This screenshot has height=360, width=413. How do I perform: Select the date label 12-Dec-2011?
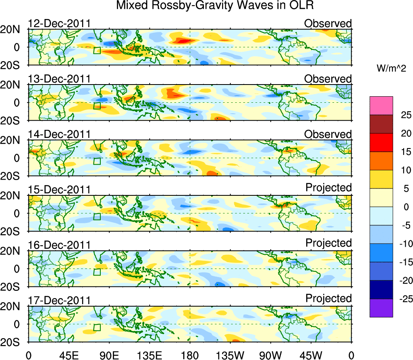coord(59,23)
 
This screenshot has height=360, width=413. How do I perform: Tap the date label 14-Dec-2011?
coord(59,134)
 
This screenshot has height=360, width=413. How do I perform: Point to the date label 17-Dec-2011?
coord(59,301)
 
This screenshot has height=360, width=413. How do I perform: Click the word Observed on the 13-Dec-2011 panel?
coord(328,79)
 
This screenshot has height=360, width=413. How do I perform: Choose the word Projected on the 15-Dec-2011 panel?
coord(328,188)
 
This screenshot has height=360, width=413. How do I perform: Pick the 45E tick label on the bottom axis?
coord(68,355)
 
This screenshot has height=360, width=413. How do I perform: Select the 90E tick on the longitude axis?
coord(109,355)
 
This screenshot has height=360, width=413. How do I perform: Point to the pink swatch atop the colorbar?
coord(381,106)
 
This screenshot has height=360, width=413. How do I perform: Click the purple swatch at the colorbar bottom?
coord(381,308)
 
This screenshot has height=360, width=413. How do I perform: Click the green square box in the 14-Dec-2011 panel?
coord(97,161)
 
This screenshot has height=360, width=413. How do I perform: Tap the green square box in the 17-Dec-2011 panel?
coord(97,327)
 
